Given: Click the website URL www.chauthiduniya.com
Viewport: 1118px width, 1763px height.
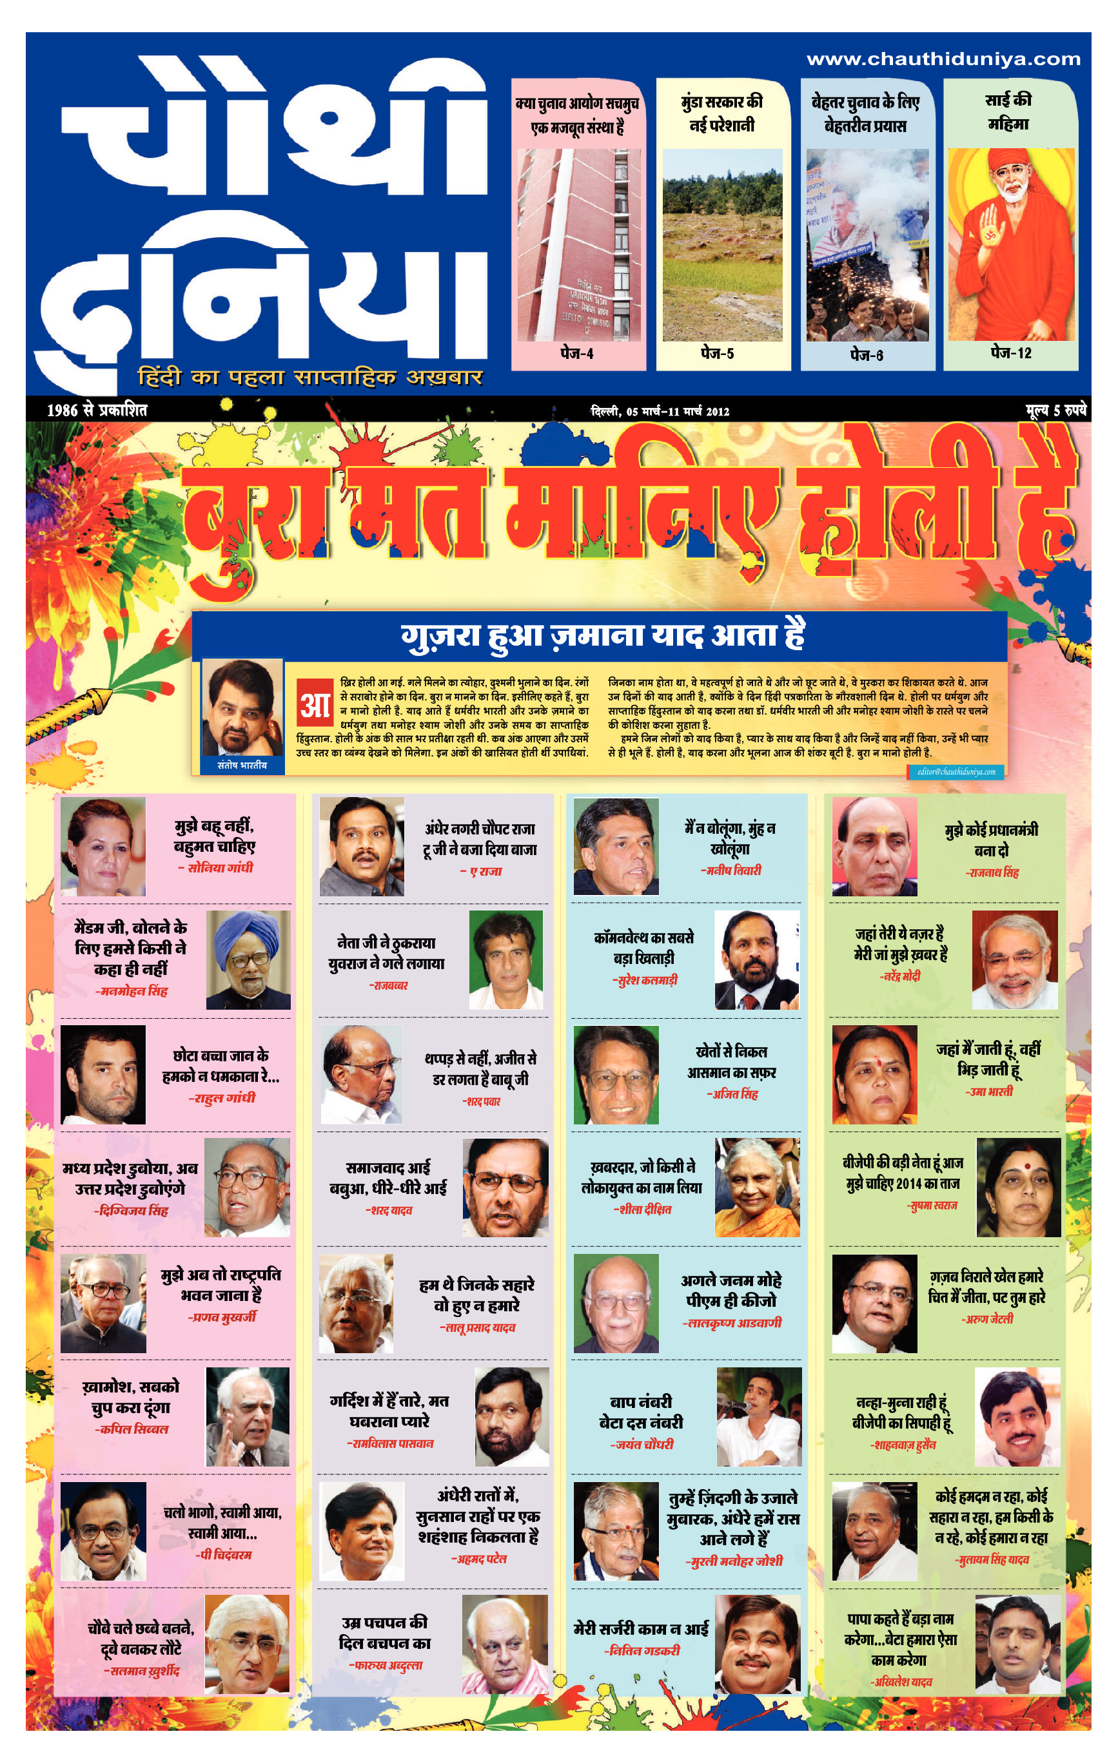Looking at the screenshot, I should tap(943, 59).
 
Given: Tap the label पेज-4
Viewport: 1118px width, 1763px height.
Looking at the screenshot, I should tap(576, 354).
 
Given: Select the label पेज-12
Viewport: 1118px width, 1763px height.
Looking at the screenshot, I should tap(1010, 353).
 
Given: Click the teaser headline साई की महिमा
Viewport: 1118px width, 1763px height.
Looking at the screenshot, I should tap(1009, 111).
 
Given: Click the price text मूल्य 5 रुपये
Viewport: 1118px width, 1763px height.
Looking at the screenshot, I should tap(1055, 410).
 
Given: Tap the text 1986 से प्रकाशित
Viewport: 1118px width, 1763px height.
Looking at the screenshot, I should tap(97, 410).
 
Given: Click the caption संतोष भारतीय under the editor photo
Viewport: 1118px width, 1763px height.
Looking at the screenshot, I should tap(242, 765).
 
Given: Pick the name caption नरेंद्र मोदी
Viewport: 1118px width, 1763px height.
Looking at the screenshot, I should tap(901, 976).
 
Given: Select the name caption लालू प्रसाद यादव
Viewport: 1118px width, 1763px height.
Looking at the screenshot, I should tap(478, 1327).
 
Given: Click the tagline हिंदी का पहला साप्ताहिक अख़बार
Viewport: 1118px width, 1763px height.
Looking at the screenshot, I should tap(310, 377).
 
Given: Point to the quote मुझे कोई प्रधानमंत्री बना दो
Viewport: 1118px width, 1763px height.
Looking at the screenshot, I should tap(990, 839).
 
